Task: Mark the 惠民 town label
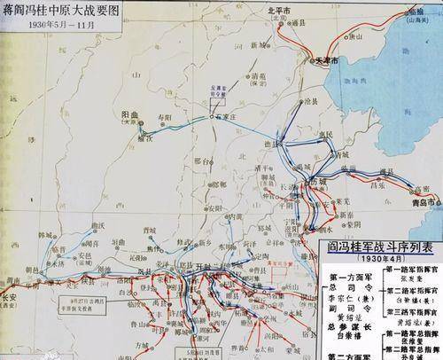pos(334,135)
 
